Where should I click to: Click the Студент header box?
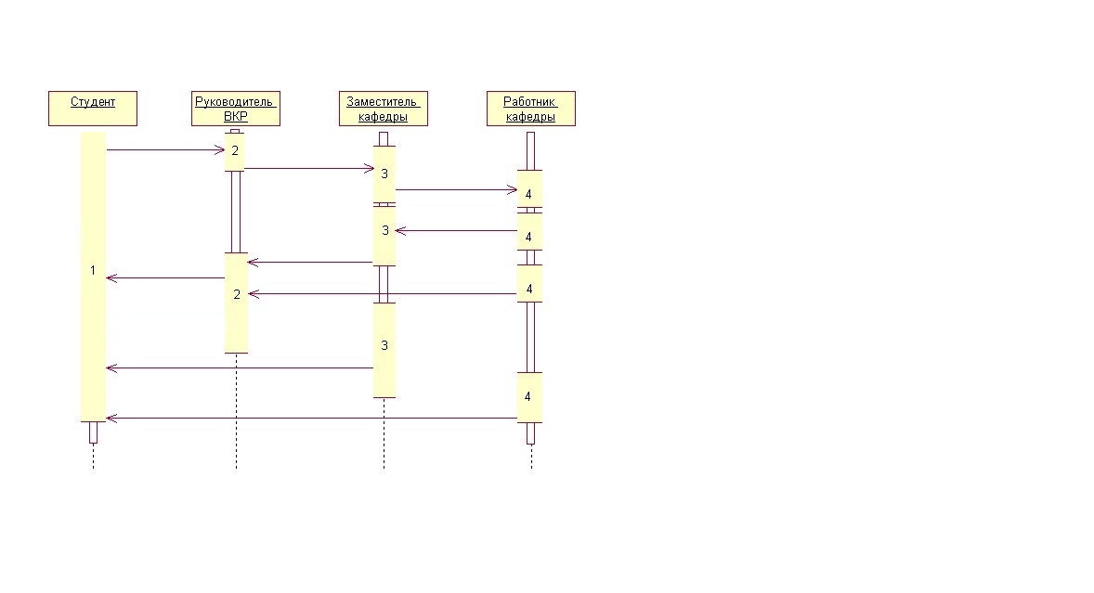93,108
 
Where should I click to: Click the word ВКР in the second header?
236,116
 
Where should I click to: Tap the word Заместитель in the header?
382,102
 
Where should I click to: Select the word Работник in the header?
528,102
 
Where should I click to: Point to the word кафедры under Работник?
530,117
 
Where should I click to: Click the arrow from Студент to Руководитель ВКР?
165,149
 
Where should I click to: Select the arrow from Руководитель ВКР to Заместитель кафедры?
309,168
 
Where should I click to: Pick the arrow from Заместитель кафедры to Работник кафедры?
456,189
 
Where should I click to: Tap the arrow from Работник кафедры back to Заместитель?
456,231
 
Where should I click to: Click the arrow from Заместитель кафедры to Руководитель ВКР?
310,262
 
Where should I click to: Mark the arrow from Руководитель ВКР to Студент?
165,278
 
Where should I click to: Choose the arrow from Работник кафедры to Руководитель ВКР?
383,294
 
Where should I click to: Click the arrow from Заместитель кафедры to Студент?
240,367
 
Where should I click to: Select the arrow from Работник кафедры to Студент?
312,419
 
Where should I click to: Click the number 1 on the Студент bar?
93,270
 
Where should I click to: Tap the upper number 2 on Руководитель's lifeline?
235,150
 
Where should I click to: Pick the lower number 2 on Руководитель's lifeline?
237,295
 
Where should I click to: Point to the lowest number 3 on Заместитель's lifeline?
384,345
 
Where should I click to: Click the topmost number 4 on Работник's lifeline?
528,194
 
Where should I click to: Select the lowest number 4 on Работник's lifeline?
527,396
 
